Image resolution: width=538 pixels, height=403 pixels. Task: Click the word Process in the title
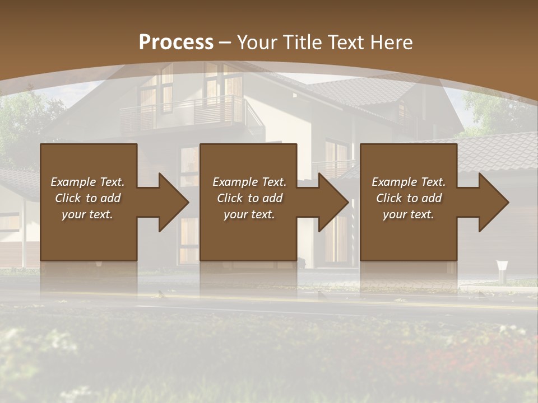(176, 43)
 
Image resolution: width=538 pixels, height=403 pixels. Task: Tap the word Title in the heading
(300, 43)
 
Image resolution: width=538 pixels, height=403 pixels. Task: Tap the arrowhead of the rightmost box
(493, 202)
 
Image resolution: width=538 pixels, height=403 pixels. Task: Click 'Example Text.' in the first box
(88, 182)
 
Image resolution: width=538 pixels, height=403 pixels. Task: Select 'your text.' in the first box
(88, 214)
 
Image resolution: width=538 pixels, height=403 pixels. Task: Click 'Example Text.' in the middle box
(249, 182)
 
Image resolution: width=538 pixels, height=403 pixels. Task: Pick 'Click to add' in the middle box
(249, 198)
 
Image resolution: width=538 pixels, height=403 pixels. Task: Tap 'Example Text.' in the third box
(409, 182)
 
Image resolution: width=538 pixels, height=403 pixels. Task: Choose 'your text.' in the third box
(409, 214)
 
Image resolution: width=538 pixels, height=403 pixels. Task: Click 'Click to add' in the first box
(88, 198)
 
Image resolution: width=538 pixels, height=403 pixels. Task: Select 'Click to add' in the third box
(409, 198)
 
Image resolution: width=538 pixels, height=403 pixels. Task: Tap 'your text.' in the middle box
(249, 214)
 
